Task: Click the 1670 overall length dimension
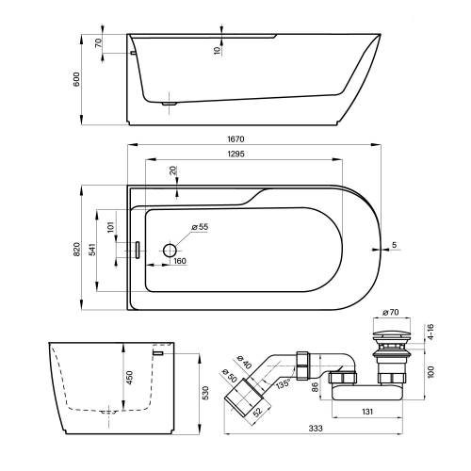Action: (235, 138)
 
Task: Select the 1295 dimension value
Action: (235, 154)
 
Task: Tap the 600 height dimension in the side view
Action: (76, 79)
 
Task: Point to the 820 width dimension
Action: (76, 249)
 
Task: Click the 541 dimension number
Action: (92, 249)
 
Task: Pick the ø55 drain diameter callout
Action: (200, 227)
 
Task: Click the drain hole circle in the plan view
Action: (170, 251)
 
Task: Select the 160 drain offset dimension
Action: (180, 261)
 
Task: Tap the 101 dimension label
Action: (110, 227)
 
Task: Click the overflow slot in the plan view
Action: (137, 250)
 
